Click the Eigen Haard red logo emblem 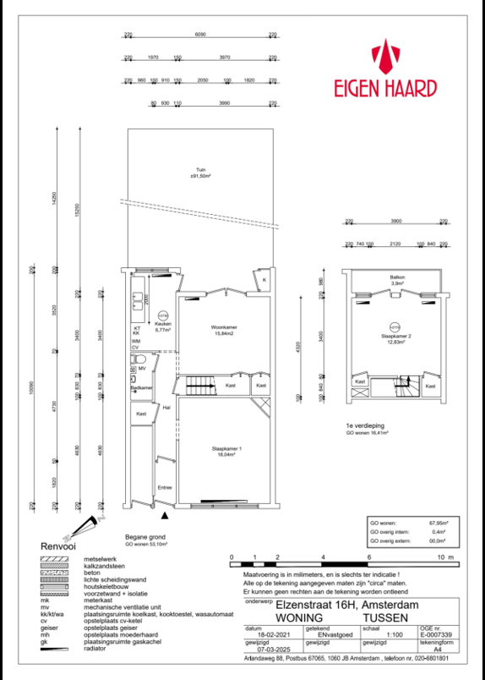click(390, 57)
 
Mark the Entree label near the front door click(164, 487)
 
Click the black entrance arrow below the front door click(165, 513)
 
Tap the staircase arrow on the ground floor click(199, 387)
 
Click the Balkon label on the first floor click(397, 277)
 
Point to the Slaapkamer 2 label click(398, 338)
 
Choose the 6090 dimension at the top click(200, 36)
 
